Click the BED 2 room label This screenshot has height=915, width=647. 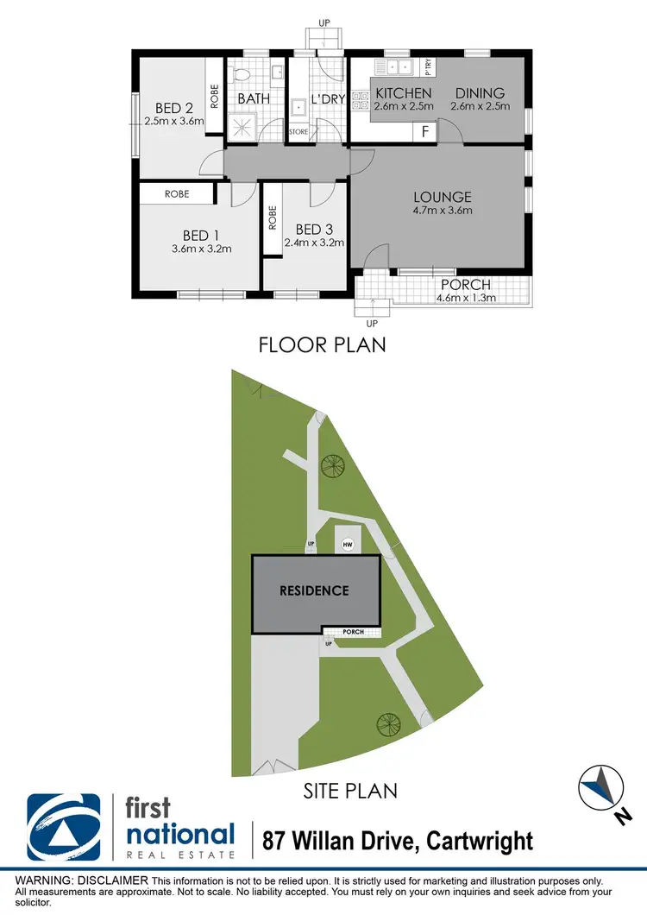tap(173, 108)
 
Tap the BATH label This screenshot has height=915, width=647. tap(254, 98)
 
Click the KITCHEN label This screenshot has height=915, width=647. tap(403, 93)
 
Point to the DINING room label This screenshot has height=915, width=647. tap(480, 93)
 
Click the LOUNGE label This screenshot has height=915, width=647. tap(442, 196)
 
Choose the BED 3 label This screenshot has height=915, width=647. tap(314, 229)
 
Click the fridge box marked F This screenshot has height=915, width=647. tap(425, 131)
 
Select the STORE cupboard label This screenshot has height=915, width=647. tap(298, 132)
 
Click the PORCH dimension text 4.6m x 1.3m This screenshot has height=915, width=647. tap(465, 300)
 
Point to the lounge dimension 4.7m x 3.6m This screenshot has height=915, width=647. tap(443, 210)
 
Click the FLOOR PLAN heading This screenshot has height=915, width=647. tap(323, 345)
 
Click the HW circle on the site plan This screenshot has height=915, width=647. tap(348, 545)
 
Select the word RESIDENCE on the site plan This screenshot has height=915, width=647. tap(314, 591)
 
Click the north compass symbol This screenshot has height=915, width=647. tap(601, 787)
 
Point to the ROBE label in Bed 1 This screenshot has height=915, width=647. tap(177, 194)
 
